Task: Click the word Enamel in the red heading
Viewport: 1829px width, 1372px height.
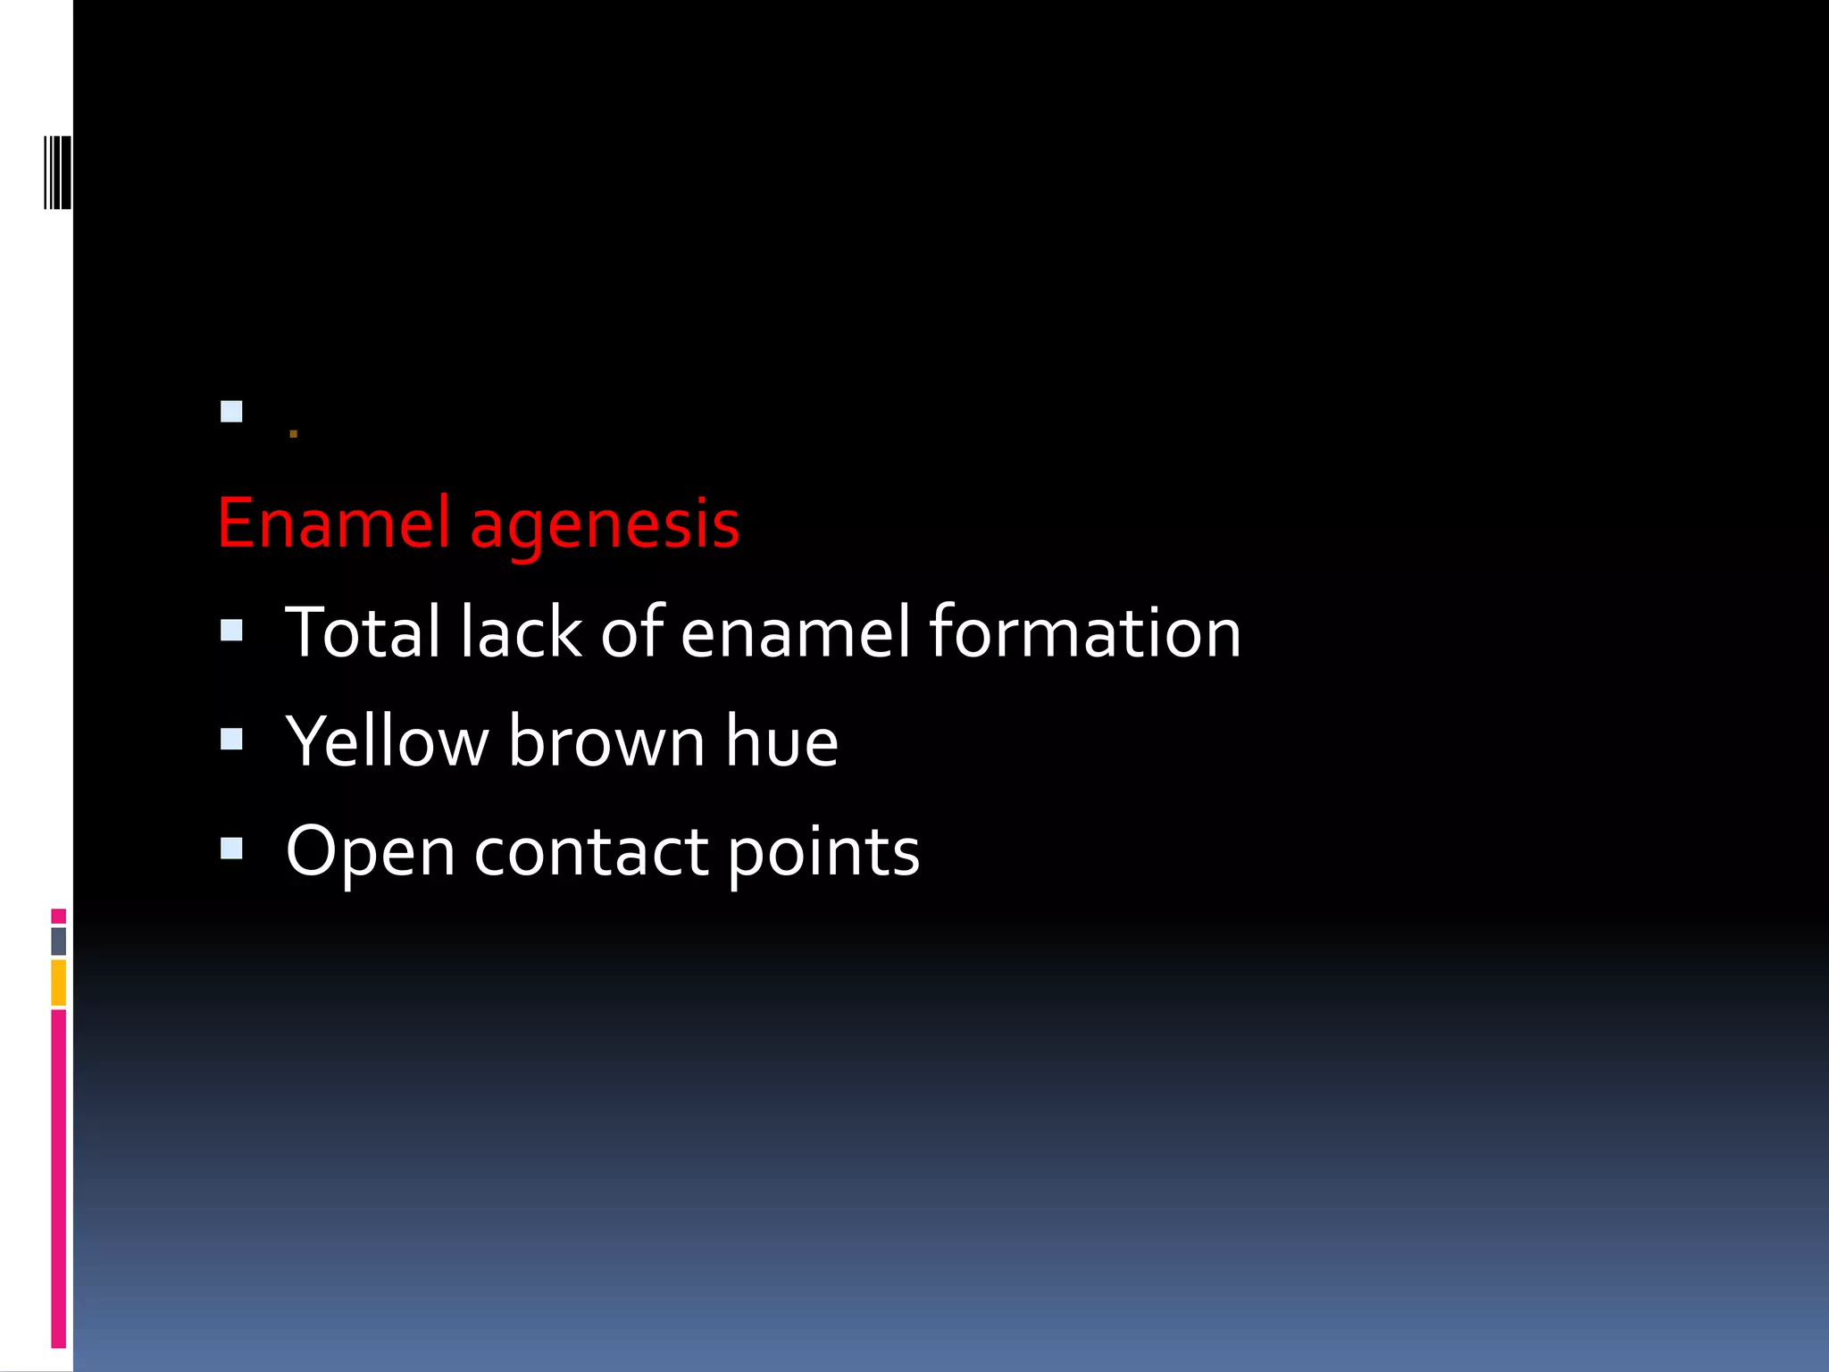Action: coord(333,523)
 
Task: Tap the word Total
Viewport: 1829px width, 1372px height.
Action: coord(362,632)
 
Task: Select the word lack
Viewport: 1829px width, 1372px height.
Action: coord(521,632)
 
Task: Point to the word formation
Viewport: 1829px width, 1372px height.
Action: coord(1085,632)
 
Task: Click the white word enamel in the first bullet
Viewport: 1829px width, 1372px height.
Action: coord(796,632)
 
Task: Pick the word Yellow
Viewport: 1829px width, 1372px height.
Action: coord(387,742)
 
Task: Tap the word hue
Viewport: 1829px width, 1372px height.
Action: coord(781,742)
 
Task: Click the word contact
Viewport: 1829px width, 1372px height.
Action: coord(591,851)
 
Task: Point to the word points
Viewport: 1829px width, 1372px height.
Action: coord(823,853)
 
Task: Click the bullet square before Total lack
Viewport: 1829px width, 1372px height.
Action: coord(231,631)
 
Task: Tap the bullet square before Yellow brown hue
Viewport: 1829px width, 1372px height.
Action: coord(231,739)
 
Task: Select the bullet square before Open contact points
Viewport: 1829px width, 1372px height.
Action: coord(231,848)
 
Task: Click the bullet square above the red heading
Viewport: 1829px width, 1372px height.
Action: coord(231,412)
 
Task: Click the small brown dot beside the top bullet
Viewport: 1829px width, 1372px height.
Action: coord(293,435)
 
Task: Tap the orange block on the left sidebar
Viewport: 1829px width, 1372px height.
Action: coord(58,983)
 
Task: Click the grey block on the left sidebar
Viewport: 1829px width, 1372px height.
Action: coord(58,941)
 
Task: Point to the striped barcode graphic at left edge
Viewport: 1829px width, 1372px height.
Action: coord(58,171)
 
